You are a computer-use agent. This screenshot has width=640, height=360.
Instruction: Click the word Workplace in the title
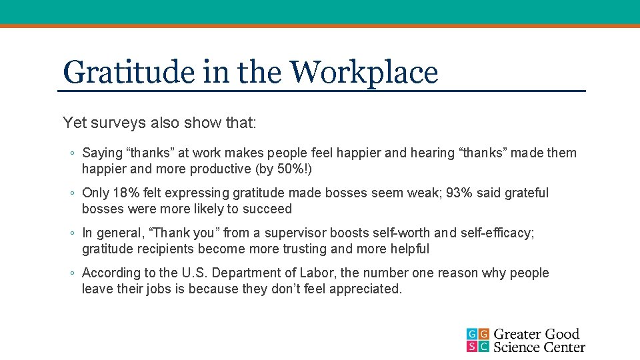(x=365, y=72)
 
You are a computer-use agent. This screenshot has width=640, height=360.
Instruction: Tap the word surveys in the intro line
(x=113, y=123)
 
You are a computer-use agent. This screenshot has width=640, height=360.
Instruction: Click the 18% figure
(x=127, y=193)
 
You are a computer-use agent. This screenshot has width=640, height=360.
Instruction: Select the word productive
(x=221, y=169)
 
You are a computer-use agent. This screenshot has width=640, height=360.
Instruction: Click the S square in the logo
(x=472, y=346)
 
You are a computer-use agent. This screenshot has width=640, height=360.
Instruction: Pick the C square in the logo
(x=484, y=346)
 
